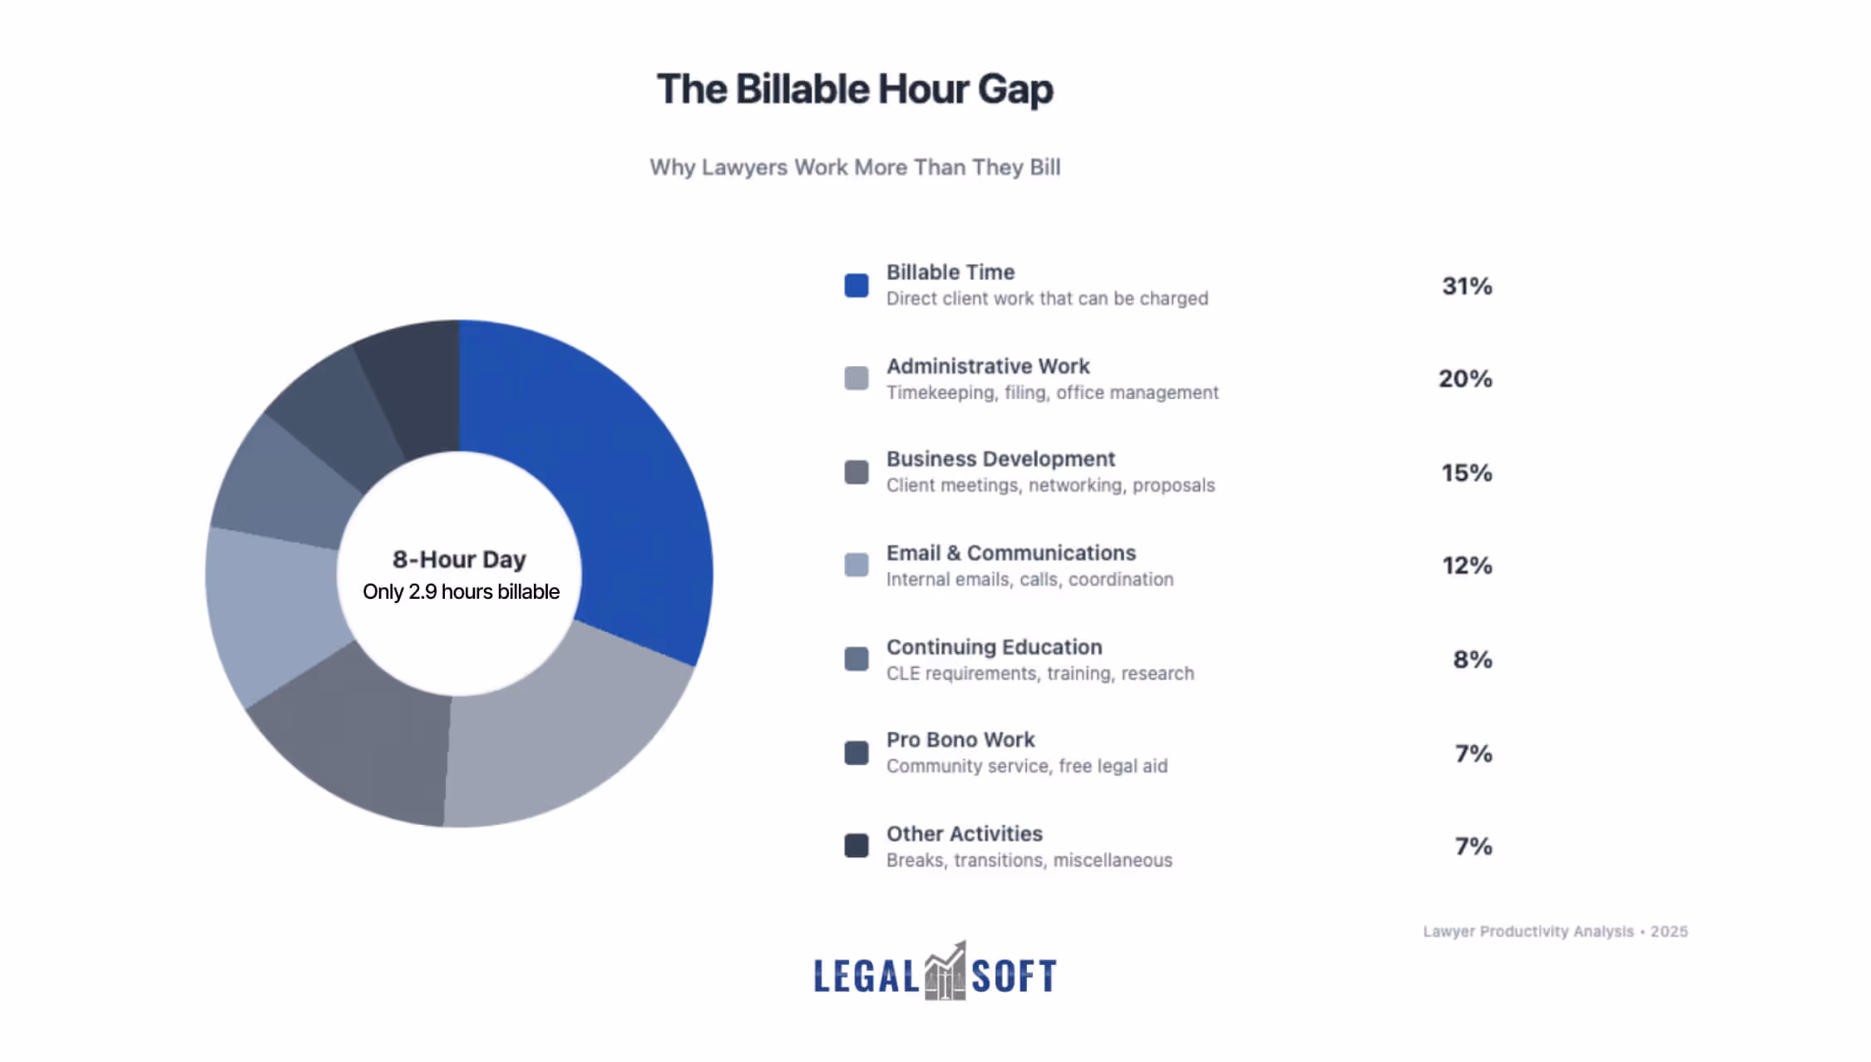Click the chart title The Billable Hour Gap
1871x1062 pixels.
[x=855, y=90]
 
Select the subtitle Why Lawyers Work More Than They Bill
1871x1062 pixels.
[x=855, y=167]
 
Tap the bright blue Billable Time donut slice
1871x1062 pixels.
[x=615, y=482]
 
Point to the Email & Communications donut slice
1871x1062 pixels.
[x=274, y=607]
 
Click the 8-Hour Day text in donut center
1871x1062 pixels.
[x=459, y=560]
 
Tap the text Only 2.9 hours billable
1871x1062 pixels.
[x=461, y=592]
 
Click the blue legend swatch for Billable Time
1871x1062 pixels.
[x=857, y=285]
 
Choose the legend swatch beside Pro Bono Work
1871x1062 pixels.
[x=857, y=753]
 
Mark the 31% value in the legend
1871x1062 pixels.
[x=1467, y=286]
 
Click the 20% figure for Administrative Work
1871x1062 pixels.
[x=1465, y=379]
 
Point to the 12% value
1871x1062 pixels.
[x=1467, y=566]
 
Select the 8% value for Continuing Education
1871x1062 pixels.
[x=1473, y=660]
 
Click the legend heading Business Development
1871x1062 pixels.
[x=1000, y=459]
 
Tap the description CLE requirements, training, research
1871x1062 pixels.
[x=1039, y=674]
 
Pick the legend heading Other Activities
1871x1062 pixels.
[x=964, y=834]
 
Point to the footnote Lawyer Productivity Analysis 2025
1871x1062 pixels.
[x=1555, y=931]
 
